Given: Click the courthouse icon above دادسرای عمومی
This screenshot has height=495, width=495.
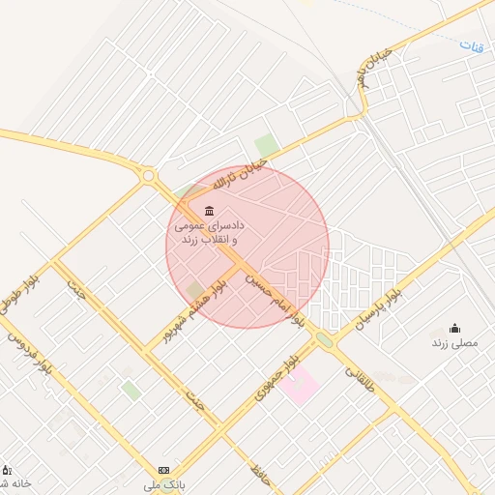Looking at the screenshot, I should coord(209,212).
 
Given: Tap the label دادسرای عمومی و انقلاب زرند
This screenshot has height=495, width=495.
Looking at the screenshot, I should coord(208,231).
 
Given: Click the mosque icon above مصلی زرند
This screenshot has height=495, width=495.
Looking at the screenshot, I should coord(455,329).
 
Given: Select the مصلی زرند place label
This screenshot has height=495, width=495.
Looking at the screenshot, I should coord(454,343).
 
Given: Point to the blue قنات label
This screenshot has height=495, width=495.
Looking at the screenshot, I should coord(471,45).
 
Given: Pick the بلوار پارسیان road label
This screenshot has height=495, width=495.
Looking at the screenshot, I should coord(386,301).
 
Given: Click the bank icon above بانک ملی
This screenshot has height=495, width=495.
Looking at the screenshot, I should coord(162,469).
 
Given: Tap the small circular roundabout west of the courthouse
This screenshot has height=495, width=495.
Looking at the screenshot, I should coord(148,176).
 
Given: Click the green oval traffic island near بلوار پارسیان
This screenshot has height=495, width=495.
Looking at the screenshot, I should coord(324,339).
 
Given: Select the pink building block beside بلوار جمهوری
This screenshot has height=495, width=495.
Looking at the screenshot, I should coord(301,385).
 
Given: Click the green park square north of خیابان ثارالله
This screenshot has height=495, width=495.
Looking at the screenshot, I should coord(267,146).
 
